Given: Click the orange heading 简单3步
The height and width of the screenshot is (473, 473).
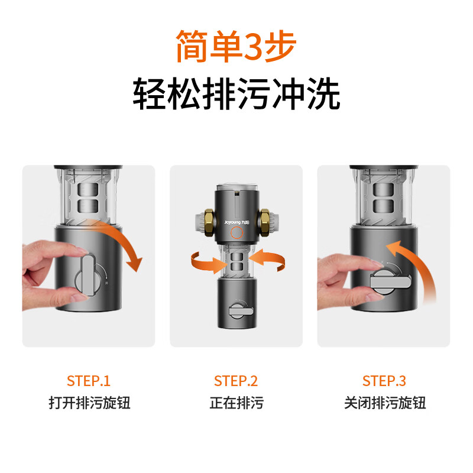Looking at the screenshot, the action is [x=236, y=46].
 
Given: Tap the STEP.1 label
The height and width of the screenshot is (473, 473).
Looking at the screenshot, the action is [x=89, y=381].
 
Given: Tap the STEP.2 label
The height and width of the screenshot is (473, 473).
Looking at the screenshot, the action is [x=236, y=381].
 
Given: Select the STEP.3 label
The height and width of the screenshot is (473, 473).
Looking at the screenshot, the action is [x=384, y=381].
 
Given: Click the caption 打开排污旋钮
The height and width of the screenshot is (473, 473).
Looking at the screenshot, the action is [x=89, y=403].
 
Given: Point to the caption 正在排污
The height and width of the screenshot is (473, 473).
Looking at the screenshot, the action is [x=237, y=403].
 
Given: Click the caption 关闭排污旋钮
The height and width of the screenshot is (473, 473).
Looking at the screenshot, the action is [x=385, y=403].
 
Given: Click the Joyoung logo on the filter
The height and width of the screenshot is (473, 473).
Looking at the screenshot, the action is [x=237, y=222].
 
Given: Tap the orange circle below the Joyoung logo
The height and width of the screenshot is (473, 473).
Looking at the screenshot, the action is [x=237, y=233].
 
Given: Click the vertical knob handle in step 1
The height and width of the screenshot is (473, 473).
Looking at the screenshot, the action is [x=88, y=275].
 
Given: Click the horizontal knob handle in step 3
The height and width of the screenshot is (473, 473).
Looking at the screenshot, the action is [x=391, y=282].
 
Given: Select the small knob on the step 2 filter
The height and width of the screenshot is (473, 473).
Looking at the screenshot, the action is [x=241, y=310].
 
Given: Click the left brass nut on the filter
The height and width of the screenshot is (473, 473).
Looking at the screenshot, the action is [x=209, y=222].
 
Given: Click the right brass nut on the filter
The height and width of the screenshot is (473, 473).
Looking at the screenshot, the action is [x=265, y=222].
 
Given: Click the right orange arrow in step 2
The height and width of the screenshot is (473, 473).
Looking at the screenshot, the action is [x=268, y=260].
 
